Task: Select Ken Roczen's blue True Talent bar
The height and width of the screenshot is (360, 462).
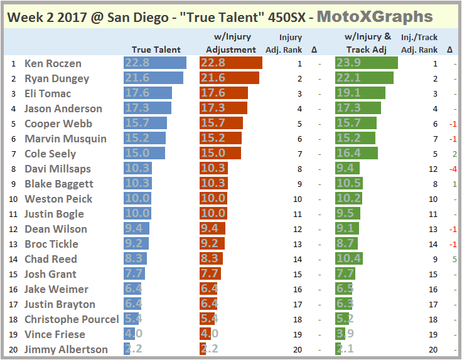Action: click(155, 63)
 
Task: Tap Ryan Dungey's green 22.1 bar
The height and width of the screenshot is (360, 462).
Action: click(364, 78)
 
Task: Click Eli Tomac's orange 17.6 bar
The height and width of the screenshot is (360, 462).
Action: click(223, 93)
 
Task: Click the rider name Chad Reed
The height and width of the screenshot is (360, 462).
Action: click(51, 259)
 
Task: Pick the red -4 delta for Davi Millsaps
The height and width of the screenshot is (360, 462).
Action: click(452, 169)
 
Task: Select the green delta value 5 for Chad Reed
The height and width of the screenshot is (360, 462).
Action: click(453, 259)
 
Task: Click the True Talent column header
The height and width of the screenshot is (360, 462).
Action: click(156, 50)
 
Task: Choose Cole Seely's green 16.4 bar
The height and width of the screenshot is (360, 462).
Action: click(357, 154)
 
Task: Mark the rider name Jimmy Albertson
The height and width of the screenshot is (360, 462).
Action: click(66, 349)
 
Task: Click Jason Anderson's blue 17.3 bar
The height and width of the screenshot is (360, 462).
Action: click(148, 109)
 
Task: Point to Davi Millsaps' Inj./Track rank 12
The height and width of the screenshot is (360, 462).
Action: click(433, 169)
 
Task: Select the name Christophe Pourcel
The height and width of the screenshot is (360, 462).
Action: click(72, 319)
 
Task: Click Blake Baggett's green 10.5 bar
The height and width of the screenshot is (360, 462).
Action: click(349, 184)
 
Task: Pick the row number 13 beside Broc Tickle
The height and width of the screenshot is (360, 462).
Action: click(13, 244)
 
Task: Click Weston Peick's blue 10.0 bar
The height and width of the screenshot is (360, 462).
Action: click(137, 199)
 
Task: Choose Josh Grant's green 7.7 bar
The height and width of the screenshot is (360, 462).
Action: click(345, 274)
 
